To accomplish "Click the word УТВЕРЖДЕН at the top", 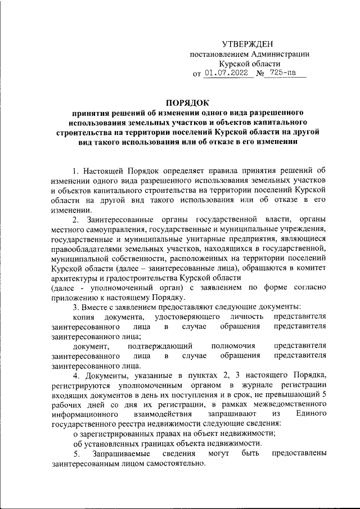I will pyautogui.click(x=248, y=44).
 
